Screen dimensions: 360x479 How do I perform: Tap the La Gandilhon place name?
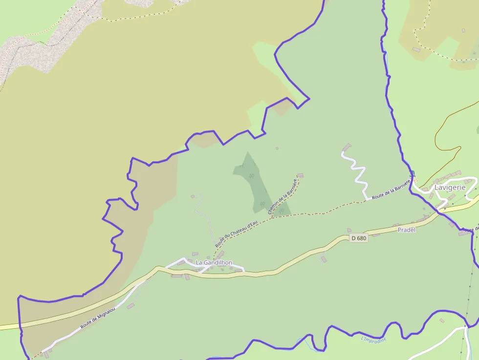(214, 263)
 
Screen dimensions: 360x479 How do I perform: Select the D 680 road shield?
(358, 238)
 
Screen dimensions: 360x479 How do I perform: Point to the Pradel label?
(406, 230)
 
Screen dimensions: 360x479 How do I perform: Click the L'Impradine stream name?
(373, 339)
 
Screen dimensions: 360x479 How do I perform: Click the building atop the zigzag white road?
(347, 147)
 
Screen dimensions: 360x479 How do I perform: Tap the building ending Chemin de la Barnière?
(300, 175)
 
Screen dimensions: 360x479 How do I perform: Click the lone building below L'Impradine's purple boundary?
(442, 321)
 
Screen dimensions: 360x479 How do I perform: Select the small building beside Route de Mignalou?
(131, 306)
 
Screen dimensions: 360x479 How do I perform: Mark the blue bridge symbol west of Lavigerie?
(412, 173)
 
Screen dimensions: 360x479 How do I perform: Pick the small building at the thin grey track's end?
(193, 196)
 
